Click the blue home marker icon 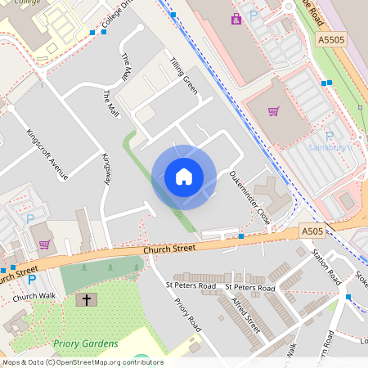[184, 176]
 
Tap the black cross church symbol [85, 300]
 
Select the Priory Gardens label [86, 343]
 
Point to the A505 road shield [311, 231]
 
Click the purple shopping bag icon [236, 18]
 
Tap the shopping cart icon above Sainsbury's [273, 111]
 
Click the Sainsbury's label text [330, 148]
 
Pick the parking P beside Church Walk [32, 280]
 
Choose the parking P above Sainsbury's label [330, 136]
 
